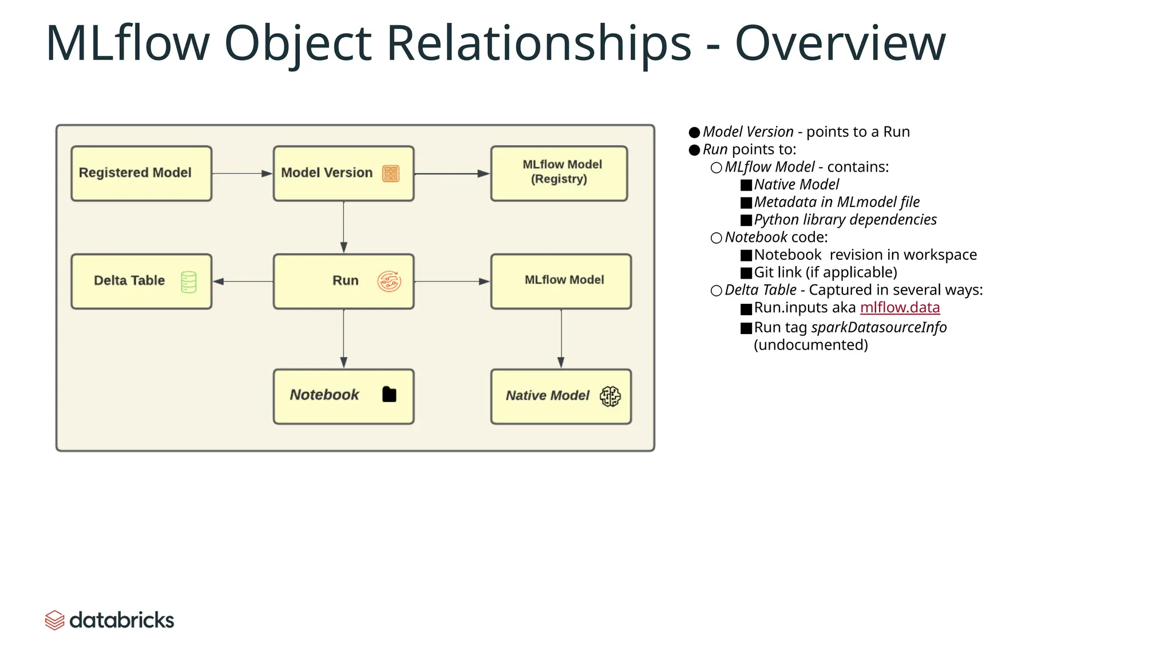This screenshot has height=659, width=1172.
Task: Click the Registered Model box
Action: click(141, 173)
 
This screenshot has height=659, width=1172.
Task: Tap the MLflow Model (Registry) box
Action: click(559, 173)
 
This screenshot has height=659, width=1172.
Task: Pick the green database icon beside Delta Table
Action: click(188, 282)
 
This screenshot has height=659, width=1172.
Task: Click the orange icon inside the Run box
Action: click(389, 281)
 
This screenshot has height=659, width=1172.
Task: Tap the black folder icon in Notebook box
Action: click(389, 395)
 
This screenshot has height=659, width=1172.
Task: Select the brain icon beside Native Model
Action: click(610, 396)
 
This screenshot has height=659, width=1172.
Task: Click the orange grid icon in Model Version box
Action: click(391, 173)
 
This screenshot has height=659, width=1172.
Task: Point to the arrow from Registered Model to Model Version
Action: click(242, 173)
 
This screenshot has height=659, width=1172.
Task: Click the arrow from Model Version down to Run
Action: click(343, 227)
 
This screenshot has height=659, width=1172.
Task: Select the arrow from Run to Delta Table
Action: click(243, 281)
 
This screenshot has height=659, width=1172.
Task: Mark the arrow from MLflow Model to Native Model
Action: click(561, 339)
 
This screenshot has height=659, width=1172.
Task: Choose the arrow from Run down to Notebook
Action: click(343, 339)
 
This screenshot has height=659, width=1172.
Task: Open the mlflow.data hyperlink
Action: click(900, 308)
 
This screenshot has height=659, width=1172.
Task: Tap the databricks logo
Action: click(109, 620)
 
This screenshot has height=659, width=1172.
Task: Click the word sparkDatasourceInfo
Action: click(878, 327)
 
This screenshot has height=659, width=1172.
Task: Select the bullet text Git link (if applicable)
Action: click(825, 272)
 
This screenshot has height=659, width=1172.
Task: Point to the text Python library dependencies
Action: click(845, 220)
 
